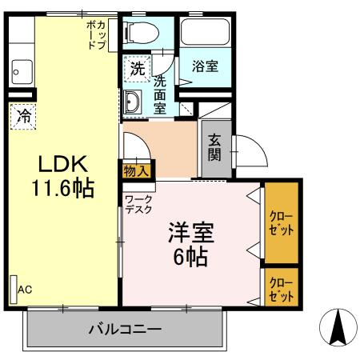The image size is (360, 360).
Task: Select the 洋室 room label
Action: [x=189, y=231]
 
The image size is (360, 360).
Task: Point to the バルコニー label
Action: [x=125, y=329]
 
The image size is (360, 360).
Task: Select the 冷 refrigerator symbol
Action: [x=24, y=116]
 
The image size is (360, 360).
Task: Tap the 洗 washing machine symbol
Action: [x=138, y=69]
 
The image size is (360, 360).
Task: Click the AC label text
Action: [x=26, y=289]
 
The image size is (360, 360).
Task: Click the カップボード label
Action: [x=96, y=35]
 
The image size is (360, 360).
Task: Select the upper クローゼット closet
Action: [x=280, y=223]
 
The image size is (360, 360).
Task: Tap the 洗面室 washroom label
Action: [x=160, y=94]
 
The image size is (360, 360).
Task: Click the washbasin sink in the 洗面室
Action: [x=134, y=102]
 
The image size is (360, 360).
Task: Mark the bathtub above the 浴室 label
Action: [x=204, y=33]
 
